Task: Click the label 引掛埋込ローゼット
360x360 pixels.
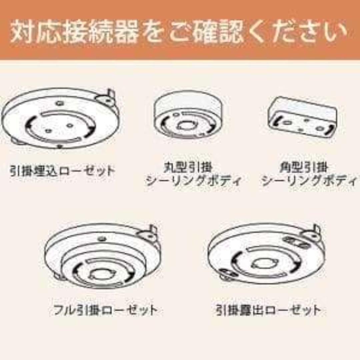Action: tap(62, 171)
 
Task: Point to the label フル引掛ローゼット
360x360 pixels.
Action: tap(105, 310)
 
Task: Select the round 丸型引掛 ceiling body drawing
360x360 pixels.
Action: tap(188, 115)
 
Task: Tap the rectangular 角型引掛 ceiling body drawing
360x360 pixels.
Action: tap(302, 117)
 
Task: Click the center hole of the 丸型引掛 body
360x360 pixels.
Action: tap(185, 126)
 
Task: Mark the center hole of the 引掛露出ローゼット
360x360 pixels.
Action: tap(263, 263)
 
